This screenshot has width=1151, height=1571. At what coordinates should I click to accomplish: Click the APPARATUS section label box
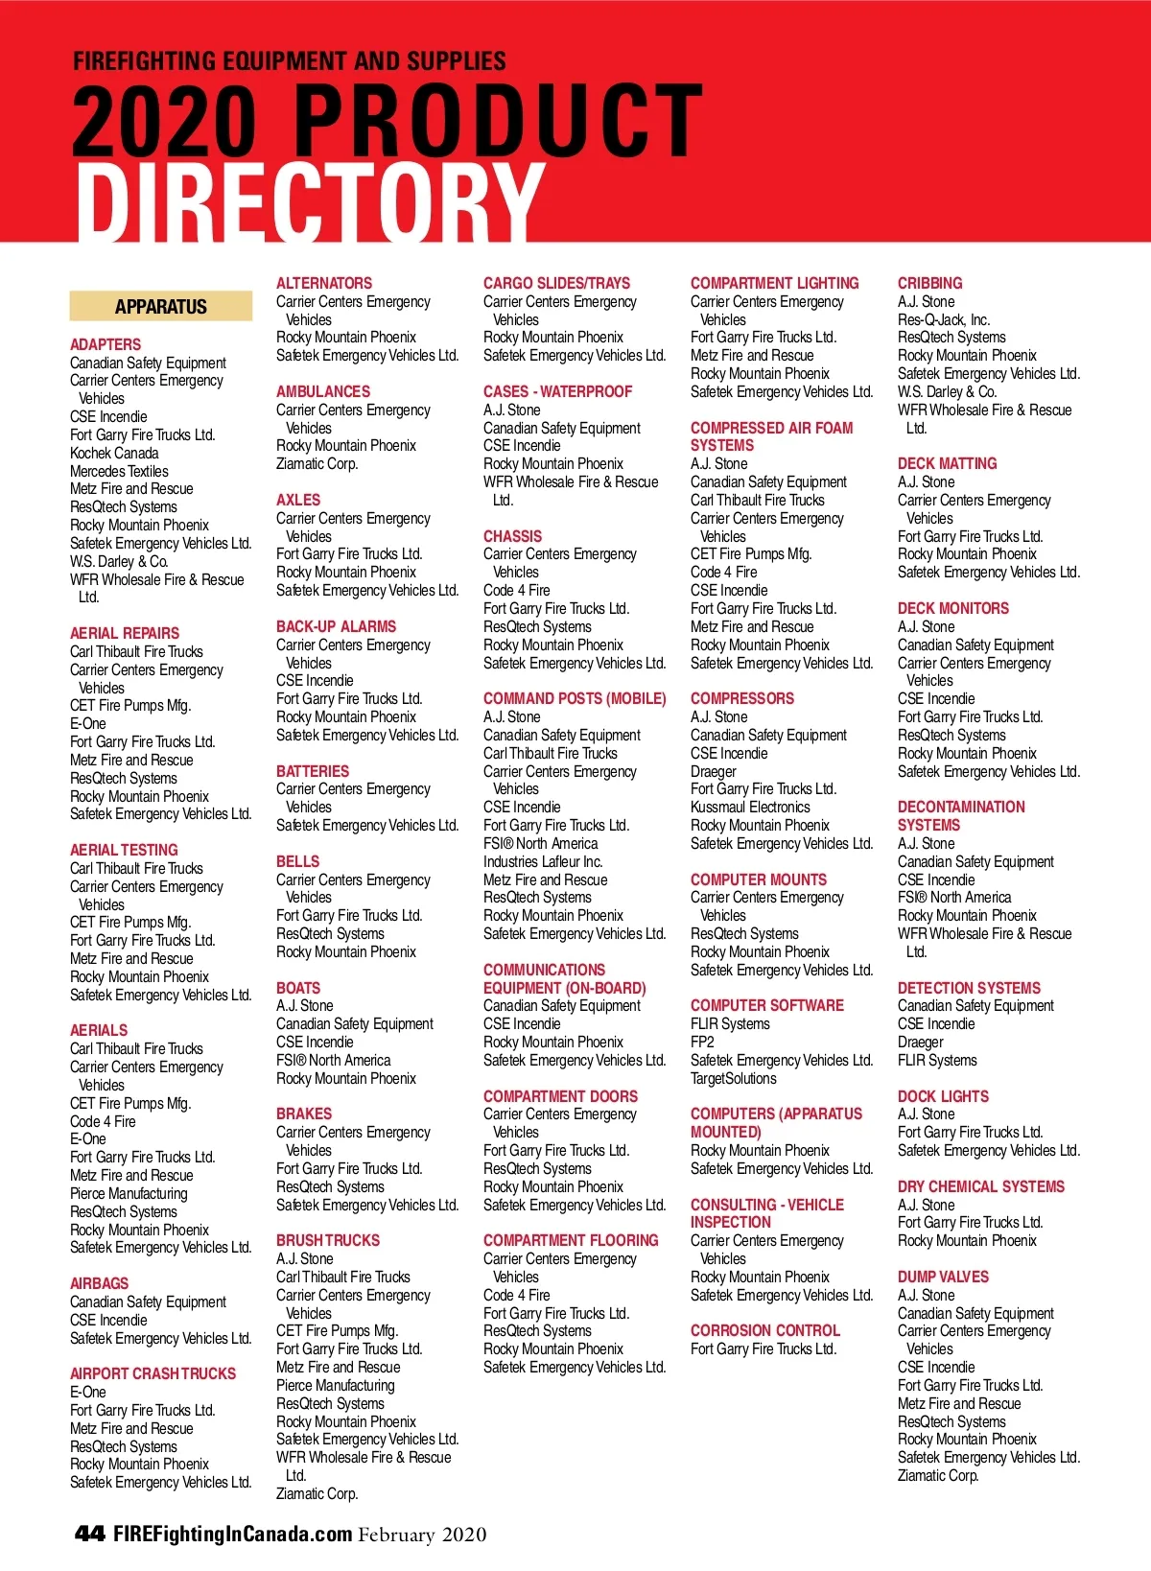pos(160,307)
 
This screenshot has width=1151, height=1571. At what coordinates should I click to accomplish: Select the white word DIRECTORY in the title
pos(309,202)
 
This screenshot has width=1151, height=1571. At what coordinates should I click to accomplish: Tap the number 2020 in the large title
pos(164,121)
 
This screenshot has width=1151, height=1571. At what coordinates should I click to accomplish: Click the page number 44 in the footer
pos(89,1534)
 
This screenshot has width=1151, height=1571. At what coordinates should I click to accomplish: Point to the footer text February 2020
pos(422,1535)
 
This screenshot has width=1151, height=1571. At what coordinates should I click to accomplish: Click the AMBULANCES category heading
pos(323,391)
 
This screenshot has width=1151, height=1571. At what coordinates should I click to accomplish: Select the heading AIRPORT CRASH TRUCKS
pos(153,1373)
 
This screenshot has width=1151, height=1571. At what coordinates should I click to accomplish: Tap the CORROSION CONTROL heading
pos(764,1330)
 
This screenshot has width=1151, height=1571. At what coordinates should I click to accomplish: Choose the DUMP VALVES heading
pos(943,1277)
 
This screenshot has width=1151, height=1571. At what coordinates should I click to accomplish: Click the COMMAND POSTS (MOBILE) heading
pos(575,698)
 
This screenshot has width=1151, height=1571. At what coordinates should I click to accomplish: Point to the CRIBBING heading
pos(929,283)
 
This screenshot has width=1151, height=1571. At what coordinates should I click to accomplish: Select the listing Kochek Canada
pos(114,453)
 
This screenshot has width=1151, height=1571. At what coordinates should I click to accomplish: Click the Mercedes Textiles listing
pos(119,471)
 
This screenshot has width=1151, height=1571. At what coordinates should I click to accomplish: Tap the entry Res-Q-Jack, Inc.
pos(944,319)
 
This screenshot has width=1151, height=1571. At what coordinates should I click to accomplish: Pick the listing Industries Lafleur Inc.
pos(543,861)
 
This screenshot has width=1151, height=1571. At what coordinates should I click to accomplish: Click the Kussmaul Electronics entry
pos(750,807)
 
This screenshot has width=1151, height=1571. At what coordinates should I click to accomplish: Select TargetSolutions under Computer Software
pos(734,1078)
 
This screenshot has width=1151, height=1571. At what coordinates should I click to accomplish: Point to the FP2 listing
pos(702,1042)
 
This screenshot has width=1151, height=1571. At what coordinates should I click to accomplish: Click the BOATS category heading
pos(298,988)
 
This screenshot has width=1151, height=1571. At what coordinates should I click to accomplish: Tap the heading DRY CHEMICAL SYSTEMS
pos(980,1186)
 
